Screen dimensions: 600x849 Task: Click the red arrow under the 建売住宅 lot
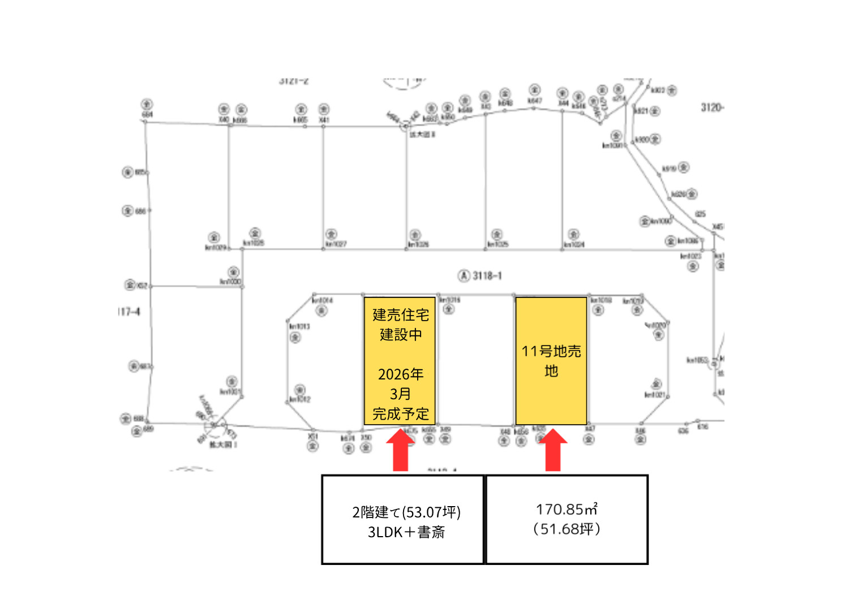(401, 450)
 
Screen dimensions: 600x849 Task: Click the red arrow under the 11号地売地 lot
(552, 450)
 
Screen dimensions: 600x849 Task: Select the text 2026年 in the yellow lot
(401, 374)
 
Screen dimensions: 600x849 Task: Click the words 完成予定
(401, 414)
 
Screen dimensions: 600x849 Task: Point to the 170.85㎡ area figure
(567, 510)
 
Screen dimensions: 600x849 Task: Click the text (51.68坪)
(567, 529)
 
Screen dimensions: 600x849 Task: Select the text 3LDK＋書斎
(406, 532)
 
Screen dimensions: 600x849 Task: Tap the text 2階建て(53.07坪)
(406, 512)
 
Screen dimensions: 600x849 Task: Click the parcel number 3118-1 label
(487, 276)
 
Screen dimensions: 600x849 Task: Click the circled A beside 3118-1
(464, 276)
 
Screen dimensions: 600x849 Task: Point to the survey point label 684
(147, 114)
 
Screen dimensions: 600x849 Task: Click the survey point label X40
(224, 120)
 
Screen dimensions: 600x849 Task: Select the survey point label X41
(323, 120)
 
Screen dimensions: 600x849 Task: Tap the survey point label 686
(140, 211)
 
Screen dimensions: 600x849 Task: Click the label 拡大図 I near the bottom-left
(223, 445)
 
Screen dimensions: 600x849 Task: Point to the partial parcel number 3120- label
(712, 107)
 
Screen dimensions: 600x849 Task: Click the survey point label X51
(312, 437)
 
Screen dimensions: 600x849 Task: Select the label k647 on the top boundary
(534, 101)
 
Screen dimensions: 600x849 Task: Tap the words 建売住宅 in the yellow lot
(401, 315)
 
